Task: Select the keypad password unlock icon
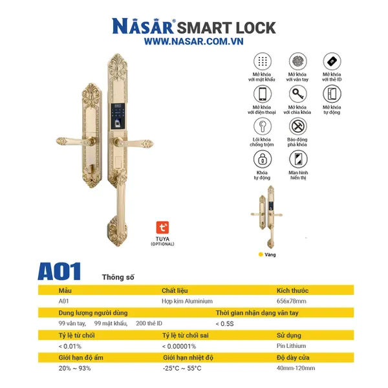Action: tap(262, 62)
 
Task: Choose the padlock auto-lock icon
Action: tap(262, 159)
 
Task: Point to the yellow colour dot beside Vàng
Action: tap(261, 255)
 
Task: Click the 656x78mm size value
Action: tap(291, 301)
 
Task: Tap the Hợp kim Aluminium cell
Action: tap(187, 301)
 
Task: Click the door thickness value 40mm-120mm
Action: tap(296, 368)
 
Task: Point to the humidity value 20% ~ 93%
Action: tap(74, 368)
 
